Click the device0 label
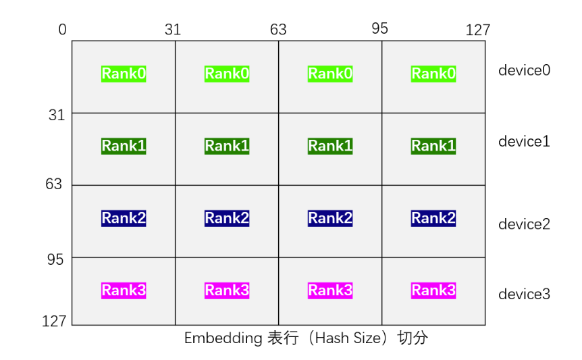[524, 70]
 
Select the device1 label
[524, 141]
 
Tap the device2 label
[524, 224]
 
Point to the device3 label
[524, 294]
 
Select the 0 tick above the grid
[63, 30]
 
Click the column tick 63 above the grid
[278, 30]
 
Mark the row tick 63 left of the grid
[54, 184]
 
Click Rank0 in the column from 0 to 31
[124, 74]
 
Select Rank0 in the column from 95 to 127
[433, 74]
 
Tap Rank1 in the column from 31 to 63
[227, 146]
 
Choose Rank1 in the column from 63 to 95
[330, 146]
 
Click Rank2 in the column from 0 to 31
[124, 218]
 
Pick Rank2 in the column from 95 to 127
[433, 218]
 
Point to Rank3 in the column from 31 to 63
[227, 290]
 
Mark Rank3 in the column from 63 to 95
[330, 290]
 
